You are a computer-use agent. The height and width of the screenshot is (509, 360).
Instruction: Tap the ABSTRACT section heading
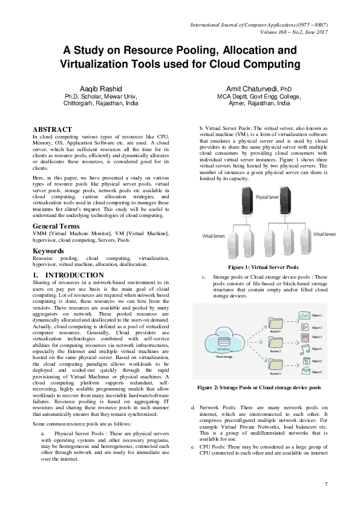coord(52,129)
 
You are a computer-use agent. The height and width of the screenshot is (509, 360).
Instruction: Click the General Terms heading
coord(59,226)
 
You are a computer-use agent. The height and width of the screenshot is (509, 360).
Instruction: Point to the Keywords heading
coord(49,250)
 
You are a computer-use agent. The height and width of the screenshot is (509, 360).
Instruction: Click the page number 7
coord(326,484)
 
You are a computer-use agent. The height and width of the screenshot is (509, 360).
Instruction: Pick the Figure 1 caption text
coord(263,267)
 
